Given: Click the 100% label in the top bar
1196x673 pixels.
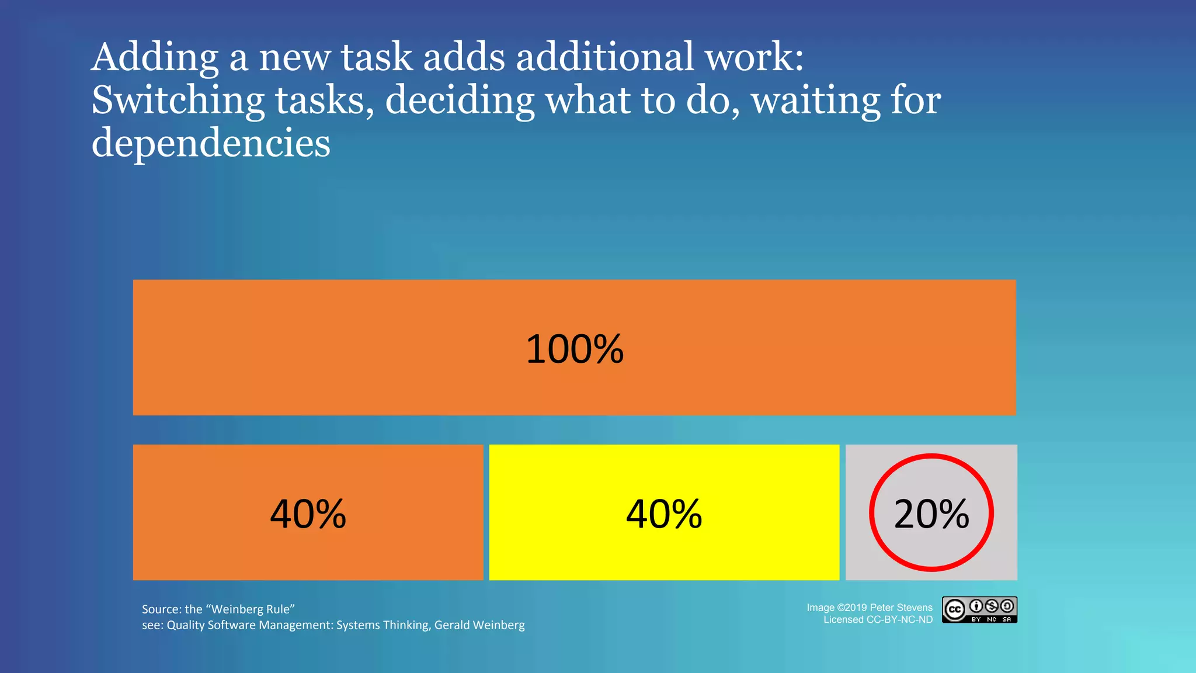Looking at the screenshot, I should (575, 349).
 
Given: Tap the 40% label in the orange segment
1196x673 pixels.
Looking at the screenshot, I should (308, 514).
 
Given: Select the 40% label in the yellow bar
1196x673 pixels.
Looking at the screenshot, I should (664, 514).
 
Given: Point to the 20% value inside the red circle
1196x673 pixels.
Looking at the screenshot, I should (931, 514).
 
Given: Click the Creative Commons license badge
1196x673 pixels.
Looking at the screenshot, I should (979, 610).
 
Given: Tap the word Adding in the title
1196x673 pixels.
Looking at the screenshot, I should (155, 57).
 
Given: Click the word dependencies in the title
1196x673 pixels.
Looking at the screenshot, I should (211, 143).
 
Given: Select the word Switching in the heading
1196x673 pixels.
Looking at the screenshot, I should (178, 100).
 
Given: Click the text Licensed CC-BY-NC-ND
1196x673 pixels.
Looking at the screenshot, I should (878, 620).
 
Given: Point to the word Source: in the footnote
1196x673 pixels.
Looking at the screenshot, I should (161, 609).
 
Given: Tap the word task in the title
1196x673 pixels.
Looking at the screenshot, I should (377, 57).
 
